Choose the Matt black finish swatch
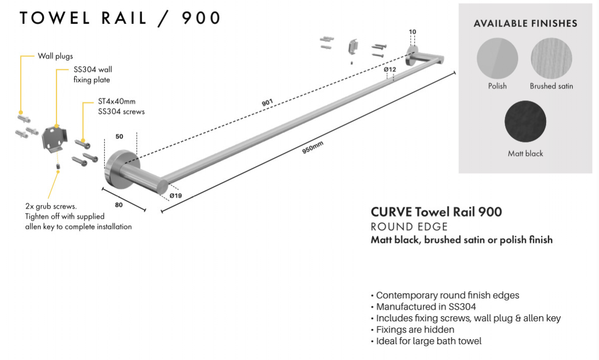tap(525, 122)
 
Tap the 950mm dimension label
tap(313, 149)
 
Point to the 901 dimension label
tap(267, 102)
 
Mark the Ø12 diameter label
tap(390, 69)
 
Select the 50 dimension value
tap(119, 137)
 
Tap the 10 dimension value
tap(412, 32)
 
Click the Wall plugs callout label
tap(55, 56)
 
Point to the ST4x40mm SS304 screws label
tap(121, 106)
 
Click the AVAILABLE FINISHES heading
tap(525, 23)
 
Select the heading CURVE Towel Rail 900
tap(436, 212)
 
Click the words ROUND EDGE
tap(409, 227)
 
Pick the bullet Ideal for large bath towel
tap(428, 341)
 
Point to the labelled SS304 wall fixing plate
tap(54, 138)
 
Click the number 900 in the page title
tap(201, 18)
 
